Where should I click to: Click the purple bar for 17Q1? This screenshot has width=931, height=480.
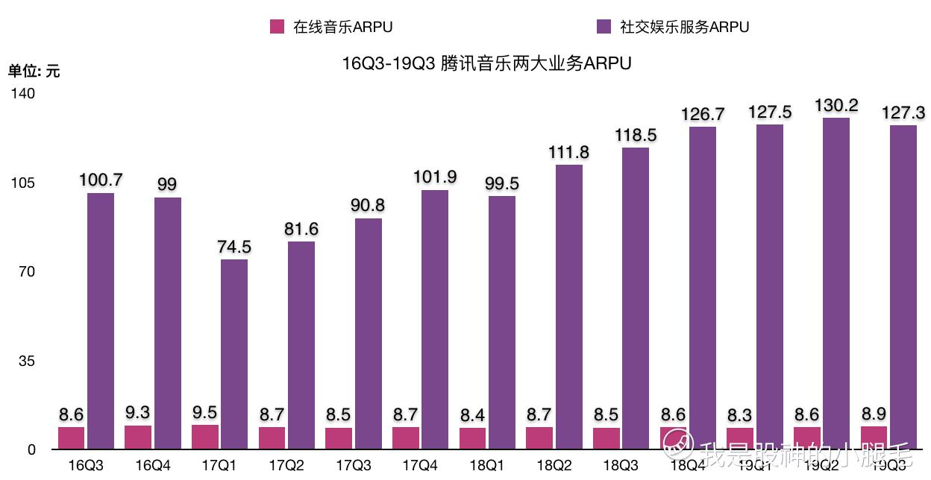234,354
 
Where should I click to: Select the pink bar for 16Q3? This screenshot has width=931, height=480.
72,438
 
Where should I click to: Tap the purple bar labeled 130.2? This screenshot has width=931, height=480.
836,283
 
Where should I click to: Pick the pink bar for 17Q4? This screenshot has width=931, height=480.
406,438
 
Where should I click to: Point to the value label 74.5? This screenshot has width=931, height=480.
234,247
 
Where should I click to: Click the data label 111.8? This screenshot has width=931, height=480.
569,152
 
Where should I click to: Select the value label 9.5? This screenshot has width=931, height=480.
205,412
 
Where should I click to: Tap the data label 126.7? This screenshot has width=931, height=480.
703,114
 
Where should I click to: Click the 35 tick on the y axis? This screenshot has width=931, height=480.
27,361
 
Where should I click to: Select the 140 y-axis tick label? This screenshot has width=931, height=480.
22,94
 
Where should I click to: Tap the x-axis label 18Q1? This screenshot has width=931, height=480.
487,466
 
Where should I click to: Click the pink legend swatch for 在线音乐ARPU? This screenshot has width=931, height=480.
277,27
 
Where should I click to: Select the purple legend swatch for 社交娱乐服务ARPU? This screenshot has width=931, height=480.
604,27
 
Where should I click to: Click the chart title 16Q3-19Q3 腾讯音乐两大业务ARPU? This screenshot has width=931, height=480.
486,63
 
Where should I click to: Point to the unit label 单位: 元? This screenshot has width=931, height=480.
34,72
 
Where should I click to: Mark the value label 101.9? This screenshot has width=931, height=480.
436,177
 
